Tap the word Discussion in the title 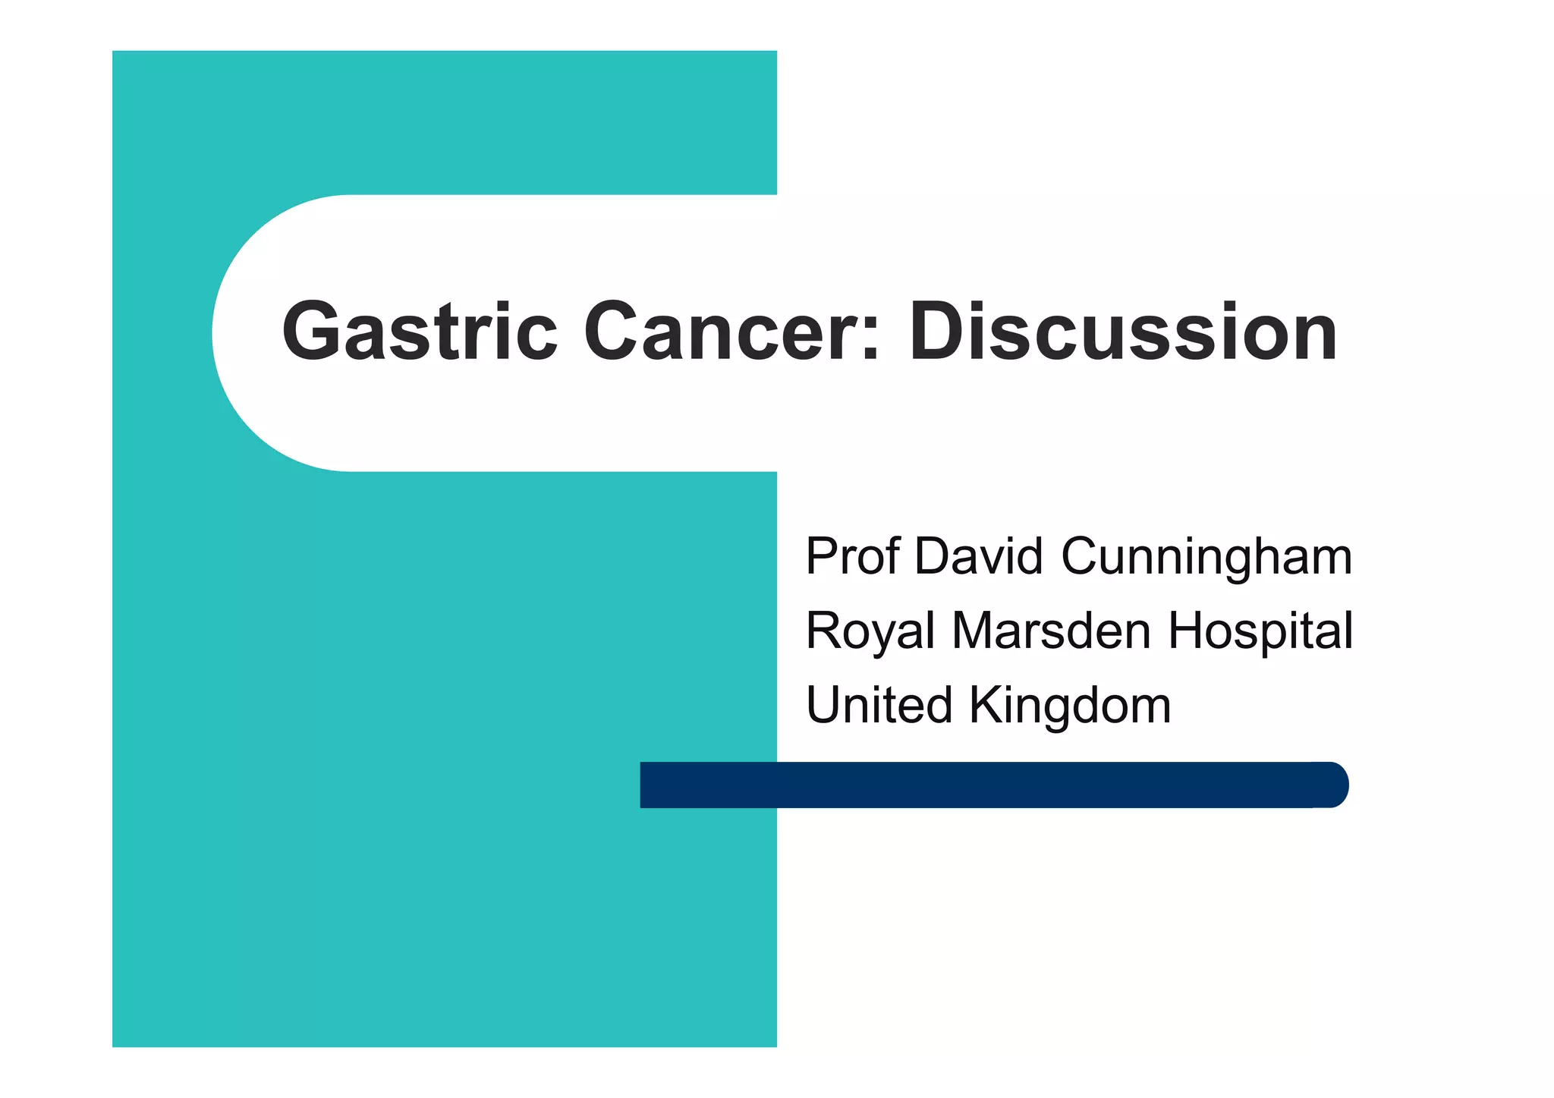pyautogui.click(x=1123, y=332)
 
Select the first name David pyautogui.click(x=979, y=556)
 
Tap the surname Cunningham pyautogui.click(x=1206, y=558)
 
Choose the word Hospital pyautogui.click(x=1260, y=631)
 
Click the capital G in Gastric pyautogui.click(x=311, y=332)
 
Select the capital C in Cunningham pyautogui.click(x=1081, y=556)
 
